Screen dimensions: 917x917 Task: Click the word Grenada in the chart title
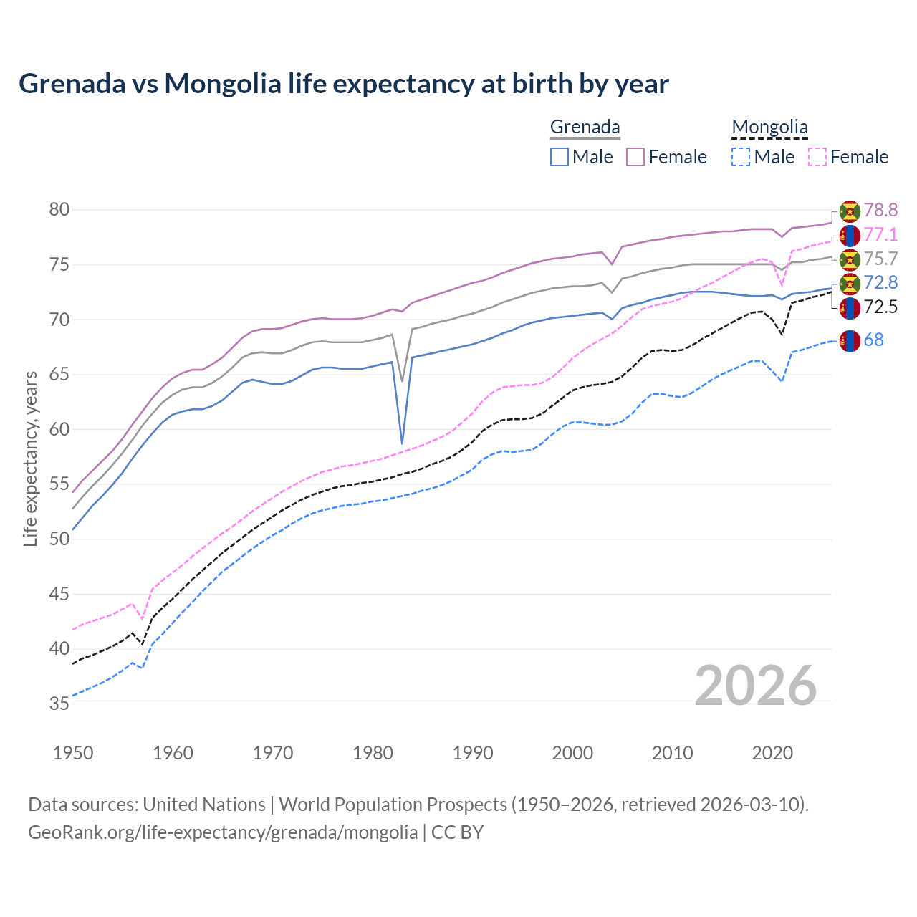point(72,84)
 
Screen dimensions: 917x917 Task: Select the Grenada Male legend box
point(560,157)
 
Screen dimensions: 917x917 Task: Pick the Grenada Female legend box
point(635,157)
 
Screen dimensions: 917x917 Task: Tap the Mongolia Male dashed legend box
point(741,157)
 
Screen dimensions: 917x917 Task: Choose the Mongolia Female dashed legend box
point(817,157)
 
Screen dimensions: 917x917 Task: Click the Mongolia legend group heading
point(769,128)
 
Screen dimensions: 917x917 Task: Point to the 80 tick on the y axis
point(59,210)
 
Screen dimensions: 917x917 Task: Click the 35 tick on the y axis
point(59,704)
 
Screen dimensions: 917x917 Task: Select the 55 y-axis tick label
point(59,484)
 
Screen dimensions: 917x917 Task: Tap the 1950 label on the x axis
point(73,753)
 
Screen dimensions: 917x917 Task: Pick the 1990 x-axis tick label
point(473,753)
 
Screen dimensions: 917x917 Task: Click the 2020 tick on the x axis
point(772,753)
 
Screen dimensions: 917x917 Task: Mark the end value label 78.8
point(880,210)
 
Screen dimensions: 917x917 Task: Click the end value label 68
point(873,340)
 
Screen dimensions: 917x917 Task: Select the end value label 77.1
point(880,234)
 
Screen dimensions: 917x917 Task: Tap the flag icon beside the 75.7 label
point(850,259)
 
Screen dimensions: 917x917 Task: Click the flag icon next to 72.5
point(850,308)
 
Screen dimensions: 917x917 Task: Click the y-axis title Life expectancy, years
point(30,458)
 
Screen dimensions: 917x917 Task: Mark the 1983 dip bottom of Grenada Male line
point(402,443)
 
